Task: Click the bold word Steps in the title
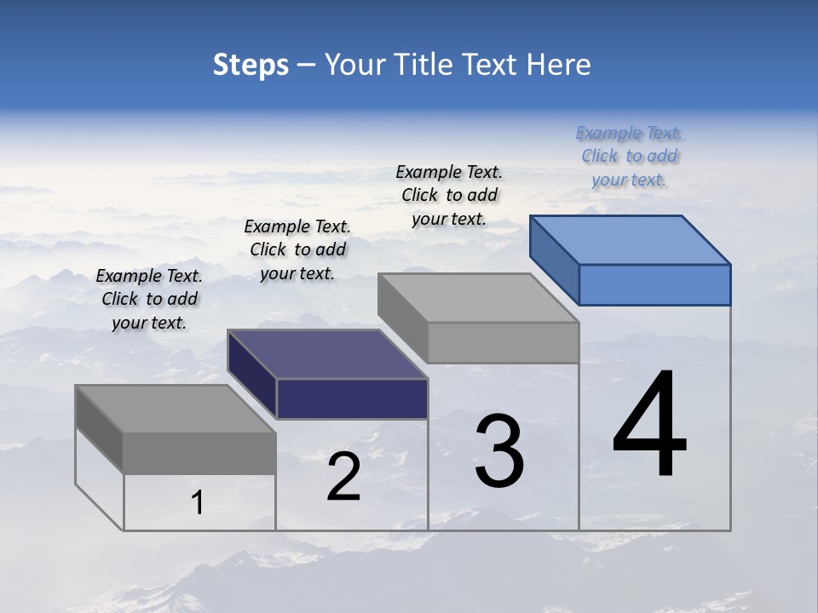251,65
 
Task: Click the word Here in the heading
559,65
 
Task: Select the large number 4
649,426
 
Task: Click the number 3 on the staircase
499,451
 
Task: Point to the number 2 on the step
343,478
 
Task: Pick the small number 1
197,503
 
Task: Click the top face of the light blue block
631,240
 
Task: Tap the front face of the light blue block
654,284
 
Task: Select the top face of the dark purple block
327,354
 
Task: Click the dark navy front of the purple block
352,398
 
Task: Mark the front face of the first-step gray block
199,453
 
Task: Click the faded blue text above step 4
629,156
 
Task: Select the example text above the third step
449,195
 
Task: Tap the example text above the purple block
297,249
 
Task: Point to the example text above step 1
149,299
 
